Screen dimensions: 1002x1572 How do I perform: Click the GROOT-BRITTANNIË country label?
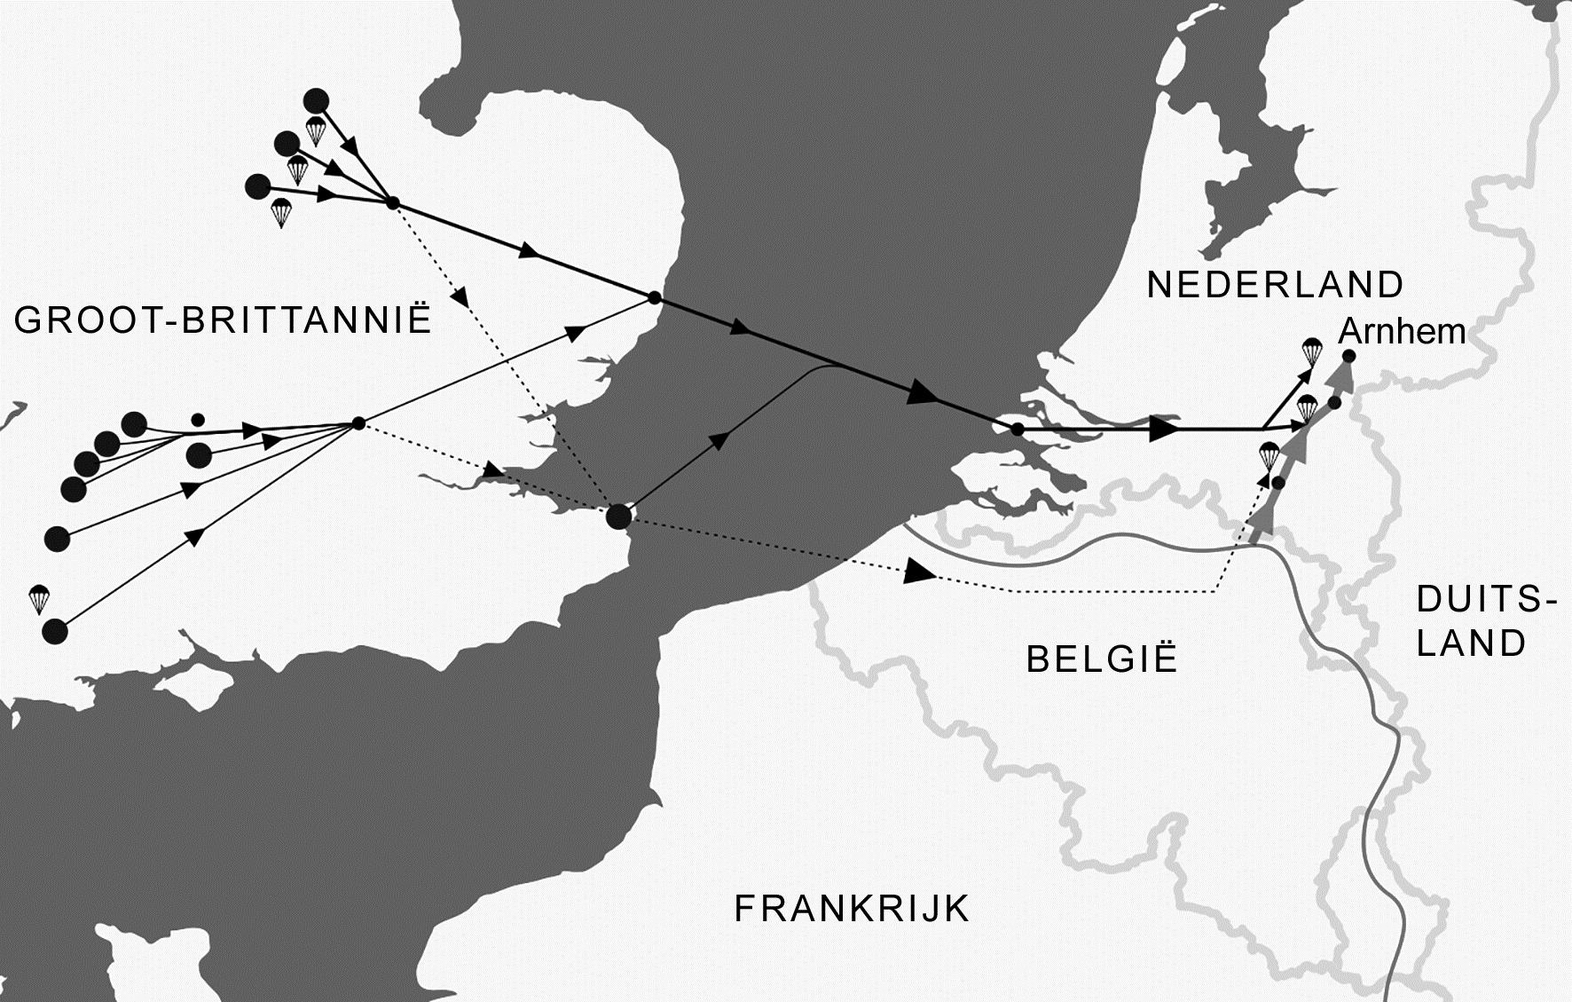tap(223, 320)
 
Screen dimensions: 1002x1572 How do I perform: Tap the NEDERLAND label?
tap(1275, 285)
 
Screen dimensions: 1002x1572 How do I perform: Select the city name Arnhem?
tap(1401, 332)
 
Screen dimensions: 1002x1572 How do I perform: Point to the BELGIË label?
tap(1102, 659)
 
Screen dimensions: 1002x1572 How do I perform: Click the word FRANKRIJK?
tap(852, 909)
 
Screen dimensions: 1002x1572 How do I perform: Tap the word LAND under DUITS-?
tap(1471, 643)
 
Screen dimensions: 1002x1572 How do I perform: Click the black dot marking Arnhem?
tap(1349, 357)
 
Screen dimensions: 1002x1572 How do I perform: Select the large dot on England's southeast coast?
tap(618, 517)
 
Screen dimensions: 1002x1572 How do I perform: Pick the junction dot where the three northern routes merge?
tap(391, 204)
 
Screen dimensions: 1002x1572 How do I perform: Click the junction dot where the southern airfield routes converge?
tap(358, 424)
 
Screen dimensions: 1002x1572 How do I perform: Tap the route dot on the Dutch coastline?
tap(1018, 430)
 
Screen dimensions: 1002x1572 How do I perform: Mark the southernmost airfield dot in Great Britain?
tap(55, 631)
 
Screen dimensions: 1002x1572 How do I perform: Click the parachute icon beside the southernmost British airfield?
tap(38, 599)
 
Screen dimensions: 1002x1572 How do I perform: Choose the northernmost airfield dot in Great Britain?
tap(316, 100)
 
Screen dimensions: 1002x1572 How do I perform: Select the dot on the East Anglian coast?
tap(655, 297)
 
